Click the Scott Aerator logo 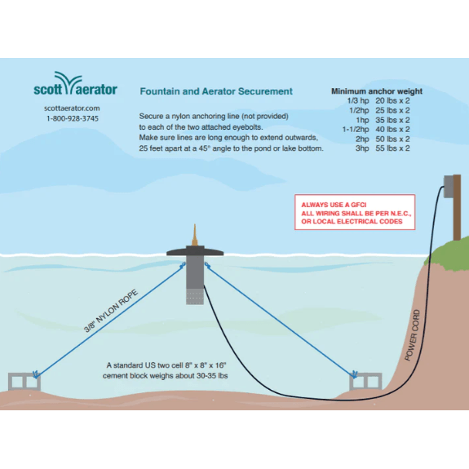click(x=75, y=87)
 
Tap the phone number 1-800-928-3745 click(x=73, y=118)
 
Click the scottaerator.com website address click(x=73, y=108)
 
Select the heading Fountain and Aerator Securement click(x=216, y=91)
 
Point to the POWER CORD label click(x=412, y=334)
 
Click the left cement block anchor click(x=25, y=381)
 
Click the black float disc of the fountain click(x=195, y=252)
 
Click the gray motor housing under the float click(x=195, y=277)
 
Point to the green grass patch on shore click(x=448, y=254)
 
